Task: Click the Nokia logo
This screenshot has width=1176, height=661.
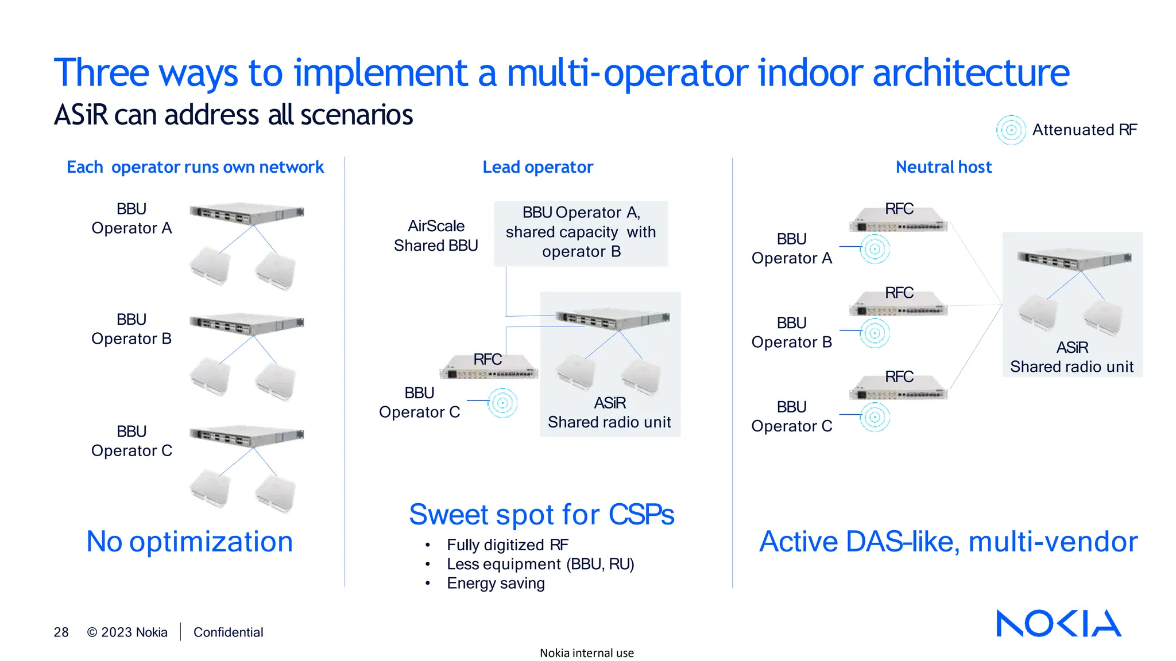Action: click(x=1058, y=623)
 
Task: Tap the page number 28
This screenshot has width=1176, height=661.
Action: click(x=61, y=632)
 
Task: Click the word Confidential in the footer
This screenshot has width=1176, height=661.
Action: click(x=228, y=632)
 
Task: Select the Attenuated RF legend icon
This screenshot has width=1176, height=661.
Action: click(x=1011, y=130)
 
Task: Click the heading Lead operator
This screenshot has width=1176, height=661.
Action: click(x=537, y=167)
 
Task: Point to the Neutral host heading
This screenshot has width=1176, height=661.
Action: click(x=943, y=167)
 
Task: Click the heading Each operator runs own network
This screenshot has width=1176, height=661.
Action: click(x=195, y=167)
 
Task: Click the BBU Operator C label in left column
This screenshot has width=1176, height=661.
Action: click(x=131, y=441)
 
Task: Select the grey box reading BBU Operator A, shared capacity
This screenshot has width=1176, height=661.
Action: click(x=581, y=232)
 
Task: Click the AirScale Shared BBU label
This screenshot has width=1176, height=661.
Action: click(x=436, y=235)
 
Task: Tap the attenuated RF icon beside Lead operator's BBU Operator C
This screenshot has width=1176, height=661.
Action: click(x=502, y=403)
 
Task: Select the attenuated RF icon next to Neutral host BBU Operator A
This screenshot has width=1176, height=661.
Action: click(x=875, y=249)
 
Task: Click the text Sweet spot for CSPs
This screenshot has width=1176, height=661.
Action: click(x=541, y=514)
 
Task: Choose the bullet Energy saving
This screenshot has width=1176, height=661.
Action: click(x=496, y=583)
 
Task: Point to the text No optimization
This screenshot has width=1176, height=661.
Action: click(x=189, y=541)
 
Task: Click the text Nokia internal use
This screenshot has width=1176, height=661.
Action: click(x=586, y=653)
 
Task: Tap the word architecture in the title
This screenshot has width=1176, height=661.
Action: click(x=970, y=73)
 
